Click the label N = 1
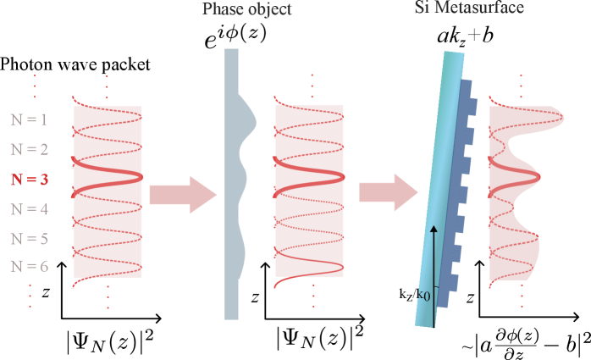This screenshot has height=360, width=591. click(x=30, y=119)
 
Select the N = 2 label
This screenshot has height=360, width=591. click(x=30, y=150)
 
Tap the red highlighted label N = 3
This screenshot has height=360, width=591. click(x=30, y=180)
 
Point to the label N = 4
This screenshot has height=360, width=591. click(x=30, y=209)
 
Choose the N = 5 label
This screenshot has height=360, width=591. click(x=30, y=239)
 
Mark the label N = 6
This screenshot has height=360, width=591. click(x=30, y=267)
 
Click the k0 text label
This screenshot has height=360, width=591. click(x=423, y=296)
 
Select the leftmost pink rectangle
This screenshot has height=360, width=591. click(x=108, y=191)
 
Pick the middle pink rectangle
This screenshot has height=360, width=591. click(x=309, y=191)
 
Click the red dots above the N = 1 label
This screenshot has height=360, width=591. click(x=35, y=86)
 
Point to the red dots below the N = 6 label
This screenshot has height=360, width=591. click(x=30, y=295)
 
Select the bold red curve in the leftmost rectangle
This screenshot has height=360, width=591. click(x=108, y=175)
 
